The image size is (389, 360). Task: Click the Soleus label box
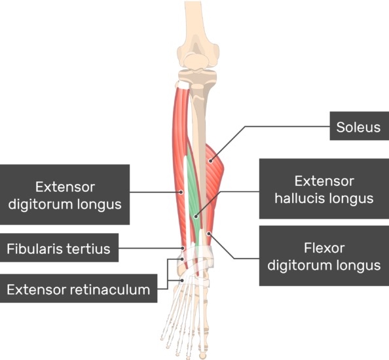[358, 127]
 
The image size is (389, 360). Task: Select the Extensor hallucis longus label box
[324, 189]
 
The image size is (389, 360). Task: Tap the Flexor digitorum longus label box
[324, 257]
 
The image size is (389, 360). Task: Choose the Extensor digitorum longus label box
[65, 194]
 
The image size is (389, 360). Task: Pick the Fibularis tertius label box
[59, 249]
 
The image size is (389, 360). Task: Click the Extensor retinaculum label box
[79, 288]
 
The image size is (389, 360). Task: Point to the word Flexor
[324, 248]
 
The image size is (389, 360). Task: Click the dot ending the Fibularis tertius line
[183, 248]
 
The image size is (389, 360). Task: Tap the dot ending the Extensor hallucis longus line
[194, 216]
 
